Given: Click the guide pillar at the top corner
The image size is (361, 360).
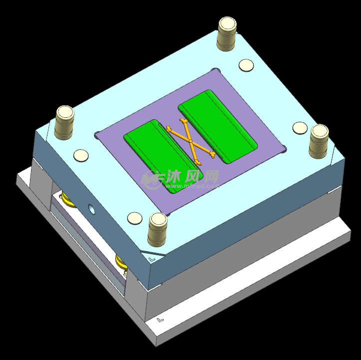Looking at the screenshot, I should (227, 33).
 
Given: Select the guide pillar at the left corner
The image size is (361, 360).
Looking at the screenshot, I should (64, 122).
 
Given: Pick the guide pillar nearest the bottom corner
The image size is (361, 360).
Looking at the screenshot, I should (157, 229).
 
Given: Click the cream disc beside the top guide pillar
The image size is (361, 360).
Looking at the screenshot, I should (246, 65).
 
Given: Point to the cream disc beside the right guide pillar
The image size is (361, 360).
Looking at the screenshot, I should (300, 127).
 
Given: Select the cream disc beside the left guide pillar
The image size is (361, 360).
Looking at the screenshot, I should (81, 155).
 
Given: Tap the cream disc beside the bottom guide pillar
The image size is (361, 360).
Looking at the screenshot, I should (135, 218).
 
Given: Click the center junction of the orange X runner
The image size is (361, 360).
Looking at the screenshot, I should (190, 142).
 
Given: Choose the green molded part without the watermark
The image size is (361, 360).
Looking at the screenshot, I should (217, 126).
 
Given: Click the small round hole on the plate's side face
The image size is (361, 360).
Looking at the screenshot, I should (91, 209).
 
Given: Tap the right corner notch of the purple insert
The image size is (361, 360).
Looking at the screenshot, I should (284, 148).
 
